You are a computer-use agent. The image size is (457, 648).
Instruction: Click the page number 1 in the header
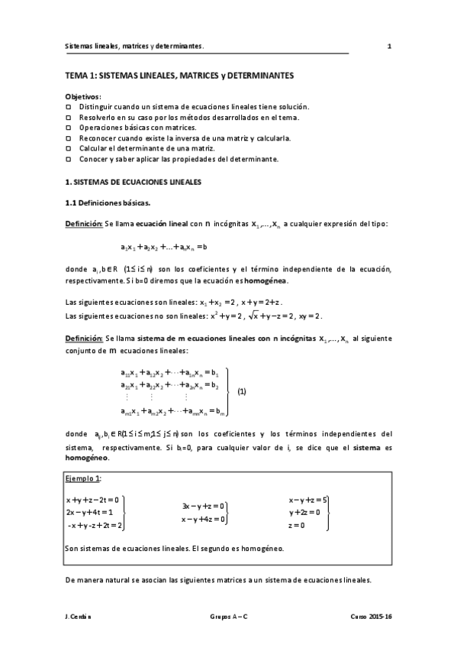(x=389, y=46)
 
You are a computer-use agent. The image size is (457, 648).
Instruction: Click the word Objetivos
(x=82, y=97)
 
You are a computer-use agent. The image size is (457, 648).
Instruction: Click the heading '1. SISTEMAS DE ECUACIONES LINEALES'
(x=133, y=183)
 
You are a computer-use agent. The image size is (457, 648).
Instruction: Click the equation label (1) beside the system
(x=242, y=390)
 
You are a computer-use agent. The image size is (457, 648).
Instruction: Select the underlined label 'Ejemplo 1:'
(x=83, y=478)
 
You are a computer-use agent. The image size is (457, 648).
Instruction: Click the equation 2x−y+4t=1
(x=90, y=512)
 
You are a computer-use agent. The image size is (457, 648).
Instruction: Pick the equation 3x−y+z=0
(x=203, y=506)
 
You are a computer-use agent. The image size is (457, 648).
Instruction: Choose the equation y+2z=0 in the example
(x=304, y=512)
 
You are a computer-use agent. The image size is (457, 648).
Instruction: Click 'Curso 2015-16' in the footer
(x=371, y=615)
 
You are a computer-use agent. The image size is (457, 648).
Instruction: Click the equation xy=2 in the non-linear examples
(x=307, y=316)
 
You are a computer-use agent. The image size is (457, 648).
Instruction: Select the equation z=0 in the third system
(x=297, y=525)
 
